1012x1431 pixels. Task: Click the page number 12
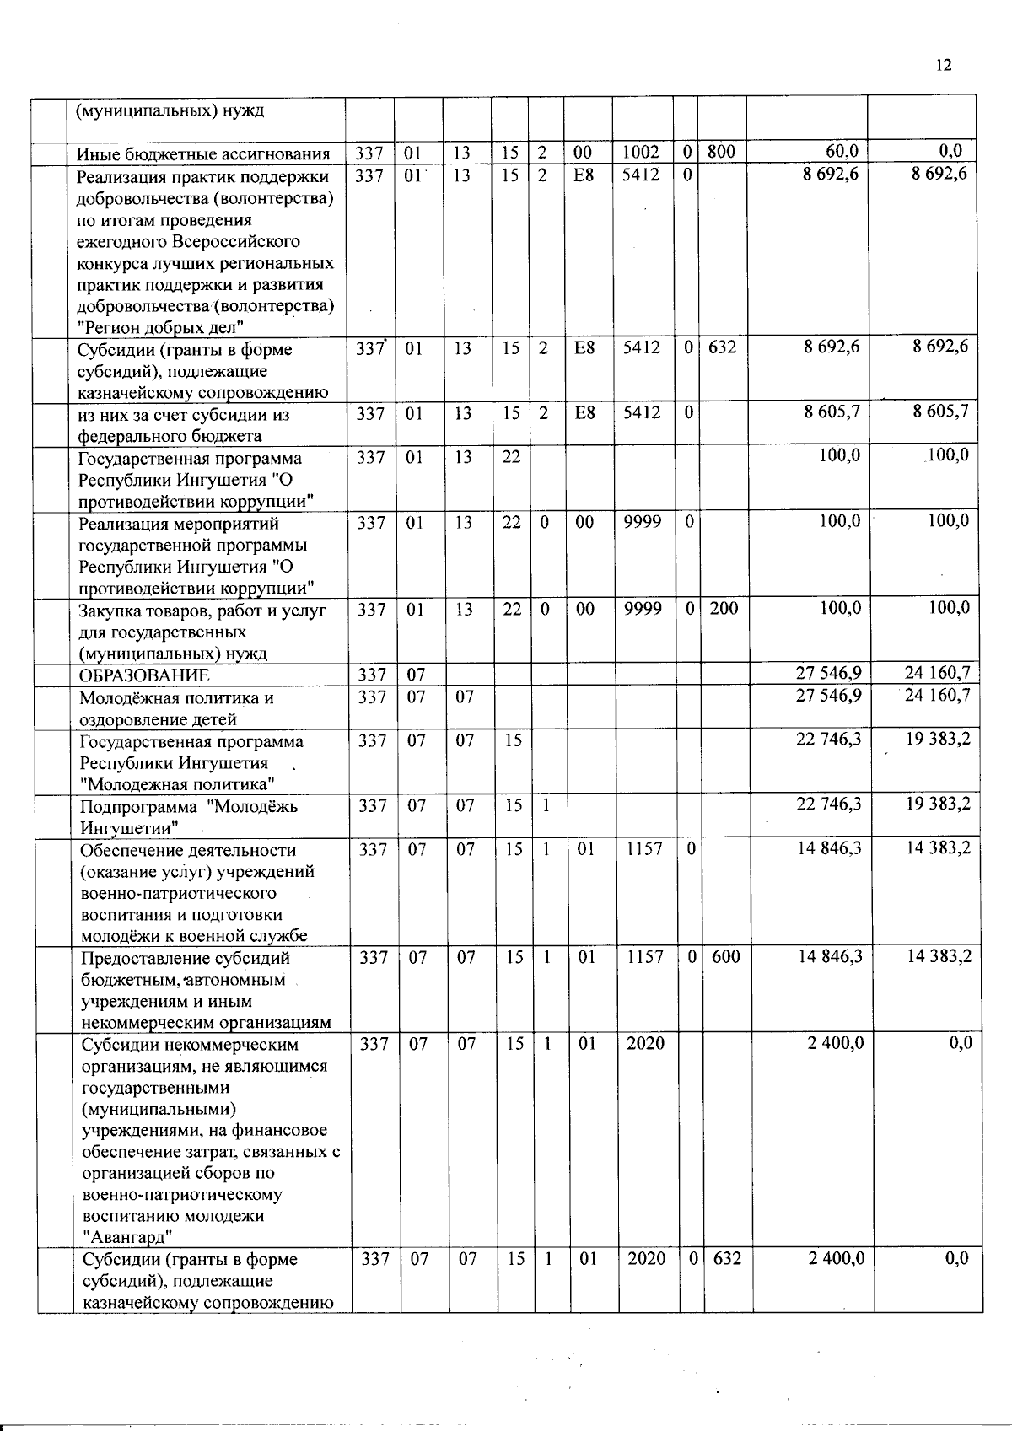[x=943, y=65]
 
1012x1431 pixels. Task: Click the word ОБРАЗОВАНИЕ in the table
[x=144, y=675]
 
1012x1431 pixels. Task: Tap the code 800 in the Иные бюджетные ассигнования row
[x=721, y=152]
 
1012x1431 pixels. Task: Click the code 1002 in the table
[x=640, y=152]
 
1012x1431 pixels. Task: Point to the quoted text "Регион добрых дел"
[x=161, y=327]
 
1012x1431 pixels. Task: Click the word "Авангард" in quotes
[x=128, y=1237]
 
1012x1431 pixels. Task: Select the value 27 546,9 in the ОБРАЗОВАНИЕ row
[x=828, y=673]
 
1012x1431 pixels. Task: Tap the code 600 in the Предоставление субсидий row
[x=724, y=957]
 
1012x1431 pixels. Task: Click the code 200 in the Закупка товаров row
[x=724, y=608]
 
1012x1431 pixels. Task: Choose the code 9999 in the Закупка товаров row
[x=643, y=608]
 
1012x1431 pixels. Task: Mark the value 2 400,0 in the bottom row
[x=835, y=1258]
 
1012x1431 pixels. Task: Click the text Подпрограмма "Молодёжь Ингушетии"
[x=189, y=816]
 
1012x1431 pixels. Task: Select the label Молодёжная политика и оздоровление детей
[x=176, y=708]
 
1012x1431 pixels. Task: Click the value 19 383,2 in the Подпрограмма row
[x=939, y=804]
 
